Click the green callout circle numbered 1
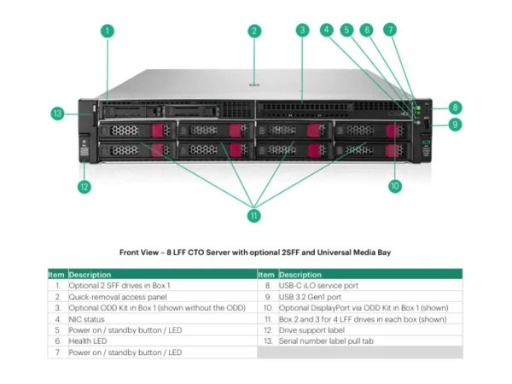(x=108, y=32)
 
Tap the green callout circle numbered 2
(x=254, y=32)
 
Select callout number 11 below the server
(x=254, y=216)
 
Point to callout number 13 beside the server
(x=57, y=113)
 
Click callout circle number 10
(x=395, y=186)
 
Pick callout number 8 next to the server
(x=455, y=108)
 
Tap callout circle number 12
(x=84, y=187)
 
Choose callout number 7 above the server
(x=390, y=30)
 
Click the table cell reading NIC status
(x=86, y=319)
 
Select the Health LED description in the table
(x=88, y=340)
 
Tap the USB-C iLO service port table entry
(x=318, y=285)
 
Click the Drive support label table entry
(x=311, y=330)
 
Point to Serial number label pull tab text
(x=326, y=340)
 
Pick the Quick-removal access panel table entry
(x=118, y=297)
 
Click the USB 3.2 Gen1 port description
(x=310, y=297)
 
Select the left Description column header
(x=90, y=275)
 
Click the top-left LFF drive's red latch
(x=157, y=131)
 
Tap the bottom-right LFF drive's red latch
(x=391, y=151)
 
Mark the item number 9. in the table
(x=268, y=297)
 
